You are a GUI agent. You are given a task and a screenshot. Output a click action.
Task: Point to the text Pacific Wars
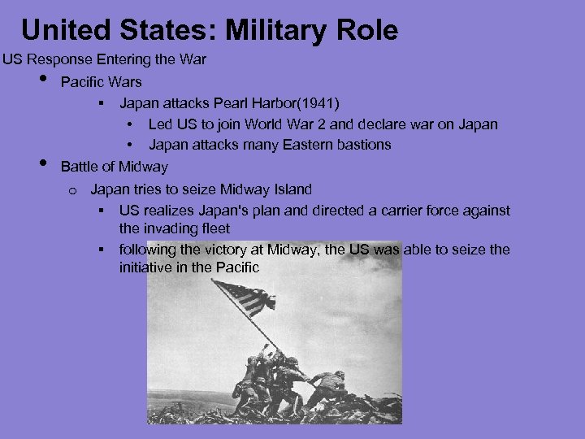click(101, 81)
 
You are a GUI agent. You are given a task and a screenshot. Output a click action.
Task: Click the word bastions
click(359, 145)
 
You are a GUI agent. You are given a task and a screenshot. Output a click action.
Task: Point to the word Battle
click(80, 167)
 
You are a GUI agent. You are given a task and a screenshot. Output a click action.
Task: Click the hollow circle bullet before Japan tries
click(72, 191)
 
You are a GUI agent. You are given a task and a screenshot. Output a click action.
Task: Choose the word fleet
click(214, 229)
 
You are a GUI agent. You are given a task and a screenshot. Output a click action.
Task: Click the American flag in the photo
click(244, 297)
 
